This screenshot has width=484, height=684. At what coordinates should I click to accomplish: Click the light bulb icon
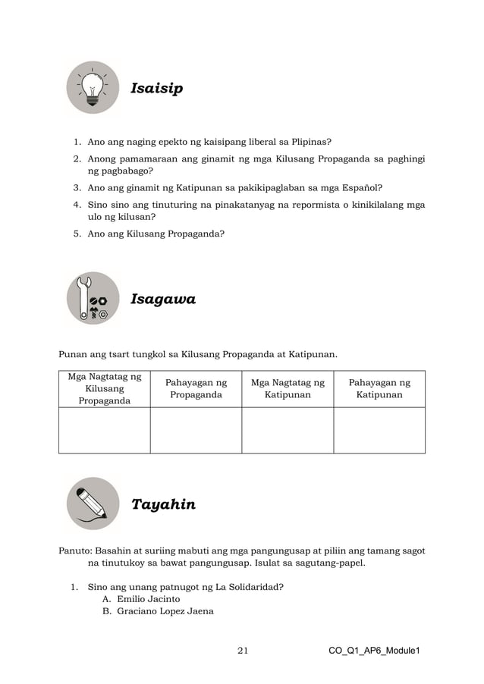pyautogui.click(x=93, y=89)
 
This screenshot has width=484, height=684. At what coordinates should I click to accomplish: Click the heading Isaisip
pyautogui.click(x=156, y=89)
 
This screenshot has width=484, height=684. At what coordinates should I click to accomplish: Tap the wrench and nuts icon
pyautogui.click(x=93, y=299)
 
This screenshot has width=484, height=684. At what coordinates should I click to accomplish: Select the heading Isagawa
pyautogui.click(x=163, y=300)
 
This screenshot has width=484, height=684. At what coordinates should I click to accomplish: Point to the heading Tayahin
pyautogui.click(x=163, y=504)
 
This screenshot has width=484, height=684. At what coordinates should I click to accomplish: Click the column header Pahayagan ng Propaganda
pyautogui.click(x=196, y=389)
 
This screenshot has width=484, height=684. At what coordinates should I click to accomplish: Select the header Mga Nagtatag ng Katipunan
pyautogui.click(x=288, y=389)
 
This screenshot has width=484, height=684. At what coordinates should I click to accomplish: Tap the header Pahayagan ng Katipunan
pyautogui.click(x=379, y=389)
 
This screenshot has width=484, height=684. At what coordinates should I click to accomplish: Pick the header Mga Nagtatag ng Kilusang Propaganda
pyautogui.click(x=105, y=388)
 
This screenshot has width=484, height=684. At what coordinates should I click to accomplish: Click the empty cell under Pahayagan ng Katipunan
pyautogui.click(x=379, y=430)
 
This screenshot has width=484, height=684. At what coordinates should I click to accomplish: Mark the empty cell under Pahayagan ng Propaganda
pyautogui.click(x=196, y=430)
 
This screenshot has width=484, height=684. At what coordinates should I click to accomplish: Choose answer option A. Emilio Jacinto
pyautogui.click(x=142, y=599)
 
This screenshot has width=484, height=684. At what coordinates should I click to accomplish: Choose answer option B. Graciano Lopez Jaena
pyautogui.click(x=158, y=611)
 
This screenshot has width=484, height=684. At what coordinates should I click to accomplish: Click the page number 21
pyautogui.click(x=243, y=651)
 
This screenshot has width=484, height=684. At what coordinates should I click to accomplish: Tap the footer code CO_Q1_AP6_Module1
pyautogui.click(x=374, y=651)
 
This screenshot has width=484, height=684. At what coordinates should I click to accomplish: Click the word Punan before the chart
pyautogui.click(x=74, y=353)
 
